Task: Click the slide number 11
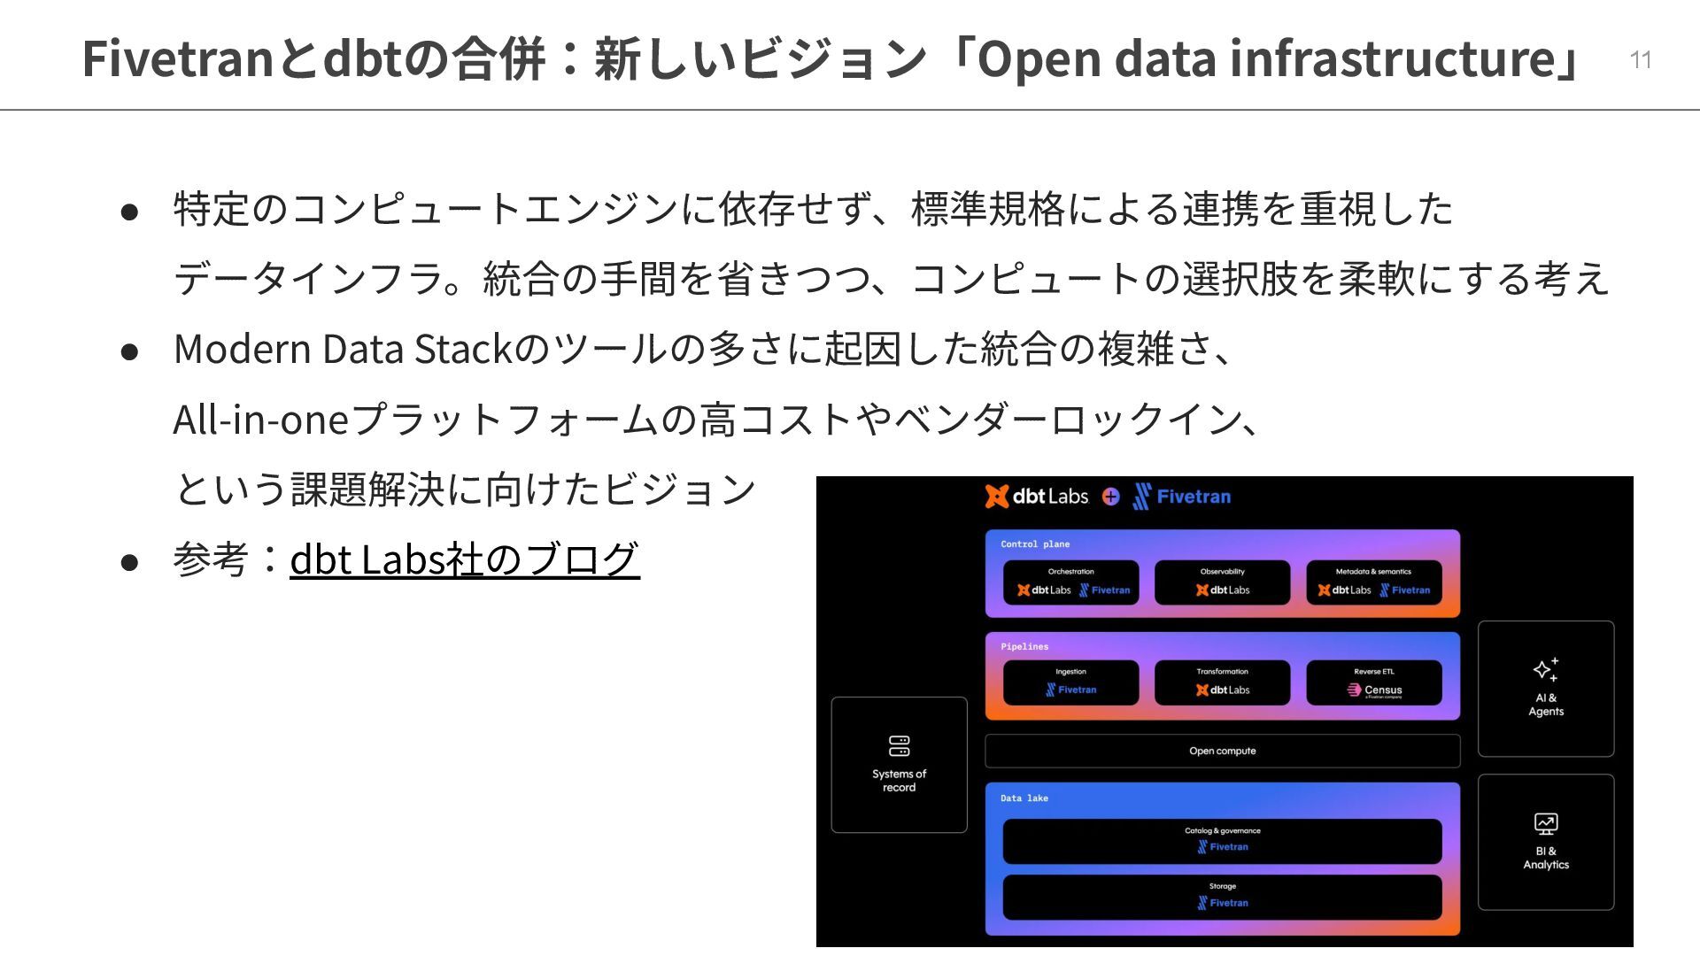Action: coord(1640,59)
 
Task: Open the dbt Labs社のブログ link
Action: coord(464,559)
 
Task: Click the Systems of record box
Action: coord(899,765)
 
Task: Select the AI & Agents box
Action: coord(1545,689)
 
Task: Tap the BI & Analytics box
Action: coord(1545,842)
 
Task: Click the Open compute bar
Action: coord(1222,751)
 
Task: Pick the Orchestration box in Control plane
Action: coord(1070,582)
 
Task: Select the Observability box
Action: coord(1222,582)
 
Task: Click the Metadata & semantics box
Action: coord(1373,582)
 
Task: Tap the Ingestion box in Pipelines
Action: coord(1070,682)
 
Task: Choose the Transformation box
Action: coord(1222,682)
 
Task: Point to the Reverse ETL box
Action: coord(1373,682)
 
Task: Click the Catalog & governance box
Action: coord(1222,841)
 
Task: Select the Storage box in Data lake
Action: coord(1222,897)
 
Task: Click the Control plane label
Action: coord(1035,544)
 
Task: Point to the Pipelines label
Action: coord(1024,647)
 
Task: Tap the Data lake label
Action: coord(1024,798)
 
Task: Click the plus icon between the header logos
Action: coord(1110,497)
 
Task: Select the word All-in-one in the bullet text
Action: coord(261,419)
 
